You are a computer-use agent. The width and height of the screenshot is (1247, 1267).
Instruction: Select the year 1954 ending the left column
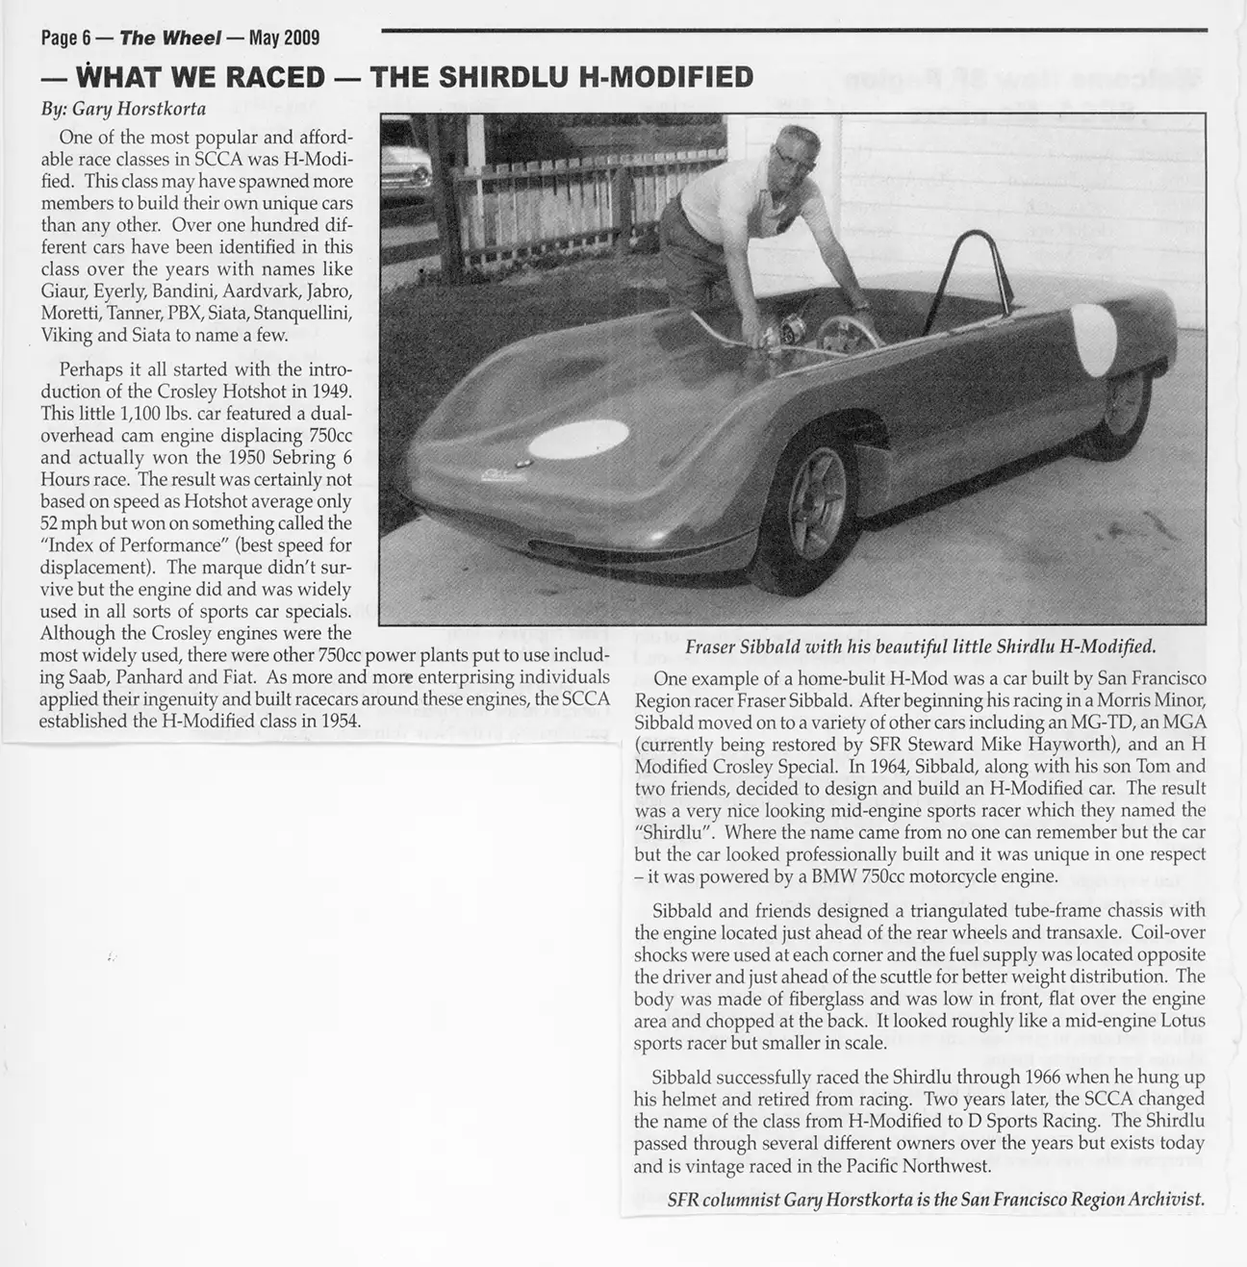338,719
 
